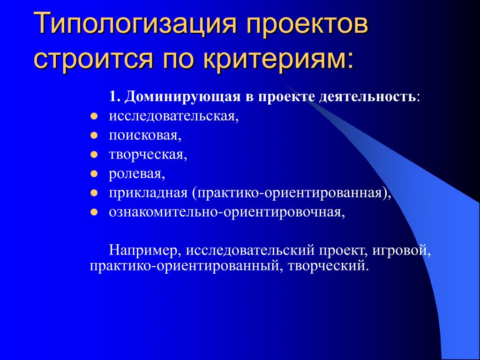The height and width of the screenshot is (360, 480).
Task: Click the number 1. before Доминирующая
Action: click(x=115, y=97)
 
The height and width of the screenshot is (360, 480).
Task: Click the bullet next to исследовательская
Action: click(x=94, y=117)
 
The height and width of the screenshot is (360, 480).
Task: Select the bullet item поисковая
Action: click(x=145, y=135)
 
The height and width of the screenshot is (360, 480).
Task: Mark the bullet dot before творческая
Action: click(x=94, y=155)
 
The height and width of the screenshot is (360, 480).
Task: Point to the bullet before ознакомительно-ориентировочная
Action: click(x=94, y=212)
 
